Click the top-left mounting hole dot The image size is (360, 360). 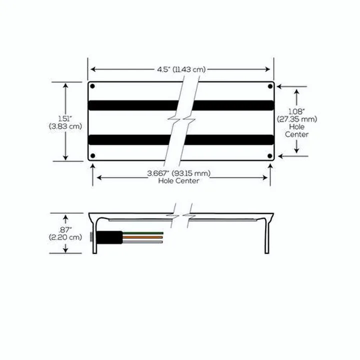92,86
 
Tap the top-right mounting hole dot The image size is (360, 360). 270,86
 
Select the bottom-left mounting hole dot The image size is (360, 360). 92,156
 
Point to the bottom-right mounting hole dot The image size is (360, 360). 270,156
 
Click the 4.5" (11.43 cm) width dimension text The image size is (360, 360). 181,69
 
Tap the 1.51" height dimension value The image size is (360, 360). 65,118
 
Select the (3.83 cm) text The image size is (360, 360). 65,126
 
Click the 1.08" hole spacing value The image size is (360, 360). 296,111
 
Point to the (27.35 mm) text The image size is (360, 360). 296,119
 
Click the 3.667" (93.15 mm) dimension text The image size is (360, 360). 179,173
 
